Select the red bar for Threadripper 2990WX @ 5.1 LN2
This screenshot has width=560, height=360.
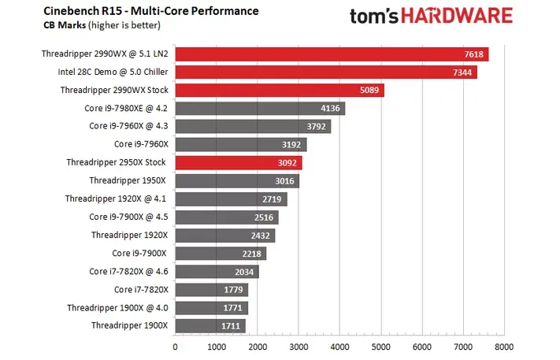pyautogui.click(x=331, y=54)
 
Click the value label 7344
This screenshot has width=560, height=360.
pyautogui.click(x=461, y=72)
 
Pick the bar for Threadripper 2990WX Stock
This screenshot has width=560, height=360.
pyautogui.click(x=279, y=91)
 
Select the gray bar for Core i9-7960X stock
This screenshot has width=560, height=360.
pyautogui.click(x=240, y=145)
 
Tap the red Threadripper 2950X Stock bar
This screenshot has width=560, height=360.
pyautogui.click(x=238, y=163)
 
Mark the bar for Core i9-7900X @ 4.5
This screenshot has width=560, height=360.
pyautogui.click(x=226, y=217)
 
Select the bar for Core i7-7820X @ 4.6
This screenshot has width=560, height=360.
pyautogui.click(x=217, y=272)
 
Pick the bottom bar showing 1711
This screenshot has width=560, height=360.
pyautogui.click(x=210, y=325)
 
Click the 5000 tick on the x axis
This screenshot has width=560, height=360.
pyautogui.click(x=381, y=346)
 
